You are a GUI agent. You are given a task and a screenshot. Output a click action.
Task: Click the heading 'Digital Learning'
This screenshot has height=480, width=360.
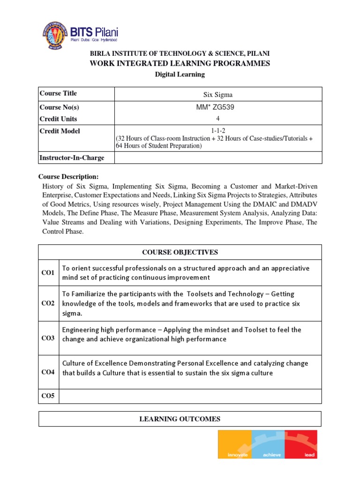[x=180, y=75]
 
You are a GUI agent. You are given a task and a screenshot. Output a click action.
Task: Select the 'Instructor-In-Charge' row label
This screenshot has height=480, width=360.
[x=72, y=158]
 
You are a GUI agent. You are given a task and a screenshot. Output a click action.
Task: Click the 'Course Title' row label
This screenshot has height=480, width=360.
[x=58, y=94]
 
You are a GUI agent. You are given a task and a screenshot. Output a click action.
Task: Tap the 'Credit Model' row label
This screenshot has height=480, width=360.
[x=60, y=131]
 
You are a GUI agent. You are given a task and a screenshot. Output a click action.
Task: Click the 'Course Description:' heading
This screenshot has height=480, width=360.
[x=68, y=177]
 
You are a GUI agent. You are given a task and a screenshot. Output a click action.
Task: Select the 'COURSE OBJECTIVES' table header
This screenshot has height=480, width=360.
[x=180, y=253]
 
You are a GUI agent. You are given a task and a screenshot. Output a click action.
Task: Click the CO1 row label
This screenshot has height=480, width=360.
[x=48, y=273]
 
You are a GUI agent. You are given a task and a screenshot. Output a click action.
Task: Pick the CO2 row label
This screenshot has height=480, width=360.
[x=48, y=303]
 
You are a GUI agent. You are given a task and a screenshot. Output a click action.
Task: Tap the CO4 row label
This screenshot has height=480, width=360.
[x=48, y=372]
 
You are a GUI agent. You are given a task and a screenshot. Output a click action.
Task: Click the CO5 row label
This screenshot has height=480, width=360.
[x=48, y=396]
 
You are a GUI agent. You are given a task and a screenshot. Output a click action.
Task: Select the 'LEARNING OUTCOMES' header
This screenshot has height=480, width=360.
[x=180, y=419]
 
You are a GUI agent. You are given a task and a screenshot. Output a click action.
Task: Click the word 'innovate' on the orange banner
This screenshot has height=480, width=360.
[x=237, y=455]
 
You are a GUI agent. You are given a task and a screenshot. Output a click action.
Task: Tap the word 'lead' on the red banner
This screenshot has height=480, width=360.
[x=310, y=455]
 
